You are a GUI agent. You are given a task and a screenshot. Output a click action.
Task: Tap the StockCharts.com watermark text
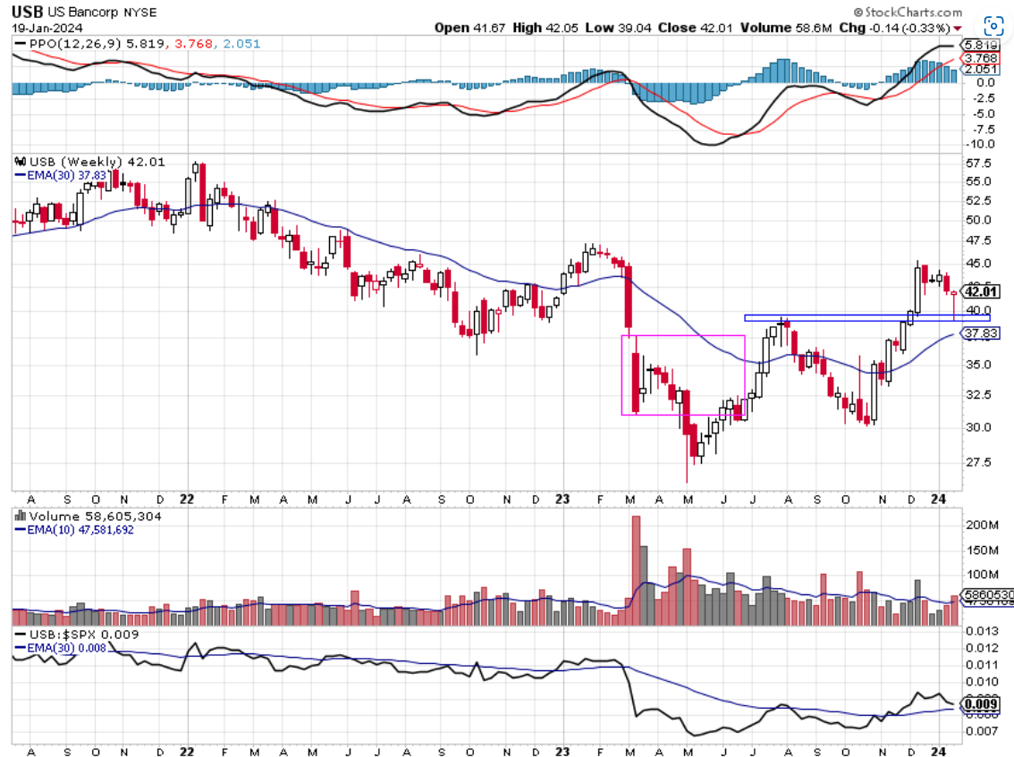[x=912, y=13]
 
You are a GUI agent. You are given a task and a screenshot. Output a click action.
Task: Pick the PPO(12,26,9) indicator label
[x=72, y=42]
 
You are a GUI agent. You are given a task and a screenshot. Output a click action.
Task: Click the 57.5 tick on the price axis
[x=978, y=164]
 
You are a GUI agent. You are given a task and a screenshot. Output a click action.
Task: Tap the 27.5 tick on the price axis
[x=978, y=462]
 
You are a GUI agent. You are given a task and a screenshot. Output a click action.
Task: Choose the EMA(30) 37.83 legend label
[x=59, y=175]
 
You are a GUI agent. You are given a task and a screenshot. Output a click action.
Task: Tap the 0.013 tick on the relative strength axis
[x=981, y=632]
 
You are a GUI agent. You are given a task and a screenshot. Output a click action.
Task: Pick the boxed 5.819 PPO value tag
[x=976, y=45]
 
